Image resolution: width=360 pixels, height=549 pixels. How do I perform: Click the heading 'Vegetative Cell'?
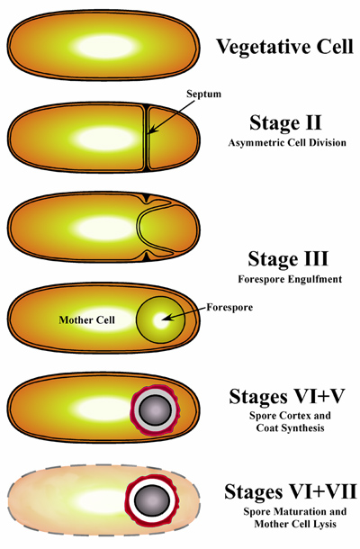point(284,47)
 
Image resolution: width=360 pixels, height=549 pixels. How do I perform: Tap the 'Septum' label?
point(203,94)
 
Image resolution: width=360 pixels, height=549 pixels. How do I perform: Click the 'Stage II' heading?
point(285,122)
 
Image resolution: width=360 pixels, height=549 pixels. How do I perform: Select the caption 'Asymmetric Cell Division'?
point(287,143)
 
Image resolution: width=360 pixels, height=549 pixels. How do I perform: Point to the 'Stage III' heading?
point(288,258)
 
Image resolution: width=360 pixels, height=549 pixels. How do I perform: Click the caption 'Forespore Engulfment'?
point(290,279)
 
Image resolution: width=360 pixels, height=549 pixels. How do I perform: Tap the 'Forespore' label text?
point(229,307)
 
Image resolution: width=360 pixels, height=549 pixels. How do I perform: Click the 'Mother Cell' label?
point(86,319)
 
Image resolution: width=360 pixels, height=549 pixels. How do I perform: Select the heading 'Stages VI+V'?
point(287,396)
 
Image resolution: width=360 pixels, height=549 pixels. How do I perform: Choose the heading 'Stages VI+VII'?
point(291,491)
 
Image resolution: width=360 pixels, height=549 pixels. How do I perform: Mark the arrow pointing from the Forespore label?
point(184,313)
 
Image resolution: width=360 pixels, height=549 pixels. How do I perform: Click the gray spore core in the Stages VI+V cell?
point(155,410)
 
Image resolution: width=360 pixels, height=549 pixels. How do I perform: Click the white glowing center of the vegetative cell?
point(104,47)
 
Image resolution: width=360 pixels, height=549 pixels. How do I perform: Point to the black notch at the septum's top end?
point(147,105)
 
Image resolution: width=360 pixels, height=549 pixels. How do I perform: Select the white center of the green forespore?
point(161,319)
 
